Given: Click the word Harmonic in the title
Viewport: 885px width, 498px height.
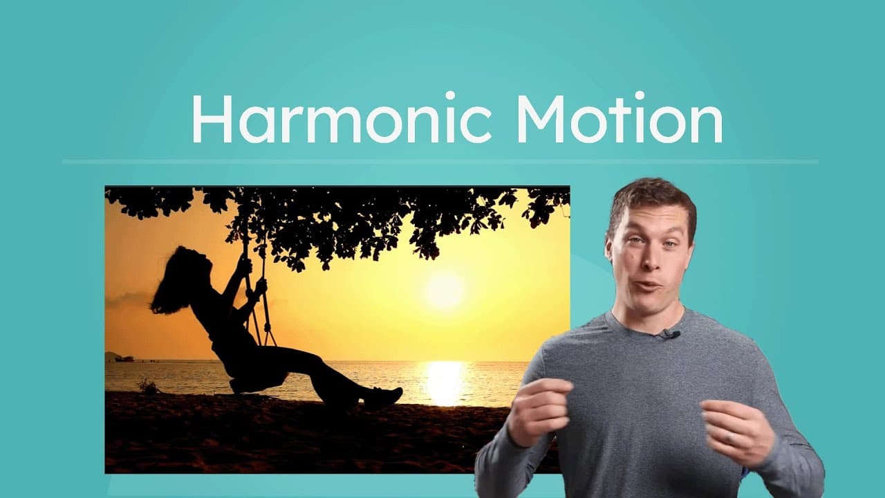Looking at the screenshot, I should [340, 118].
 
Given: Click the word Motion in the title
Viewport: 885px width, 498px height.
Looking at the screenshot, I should [619, 118].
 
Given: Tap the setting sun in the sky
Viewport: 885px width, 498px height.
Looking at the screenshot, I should [444, 290].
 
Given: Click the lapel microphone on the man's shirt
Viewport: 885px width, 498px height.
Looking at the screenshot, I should [669, 335].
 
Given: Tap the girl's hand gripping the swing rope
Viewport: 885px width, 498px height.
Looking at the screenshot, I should [259, 285].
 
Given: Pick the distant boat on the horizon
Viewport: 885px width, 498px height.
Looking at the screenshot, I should [124, 358].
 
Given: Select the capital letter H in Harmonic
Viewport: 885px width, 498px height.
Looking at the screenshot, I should [209, 118].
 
